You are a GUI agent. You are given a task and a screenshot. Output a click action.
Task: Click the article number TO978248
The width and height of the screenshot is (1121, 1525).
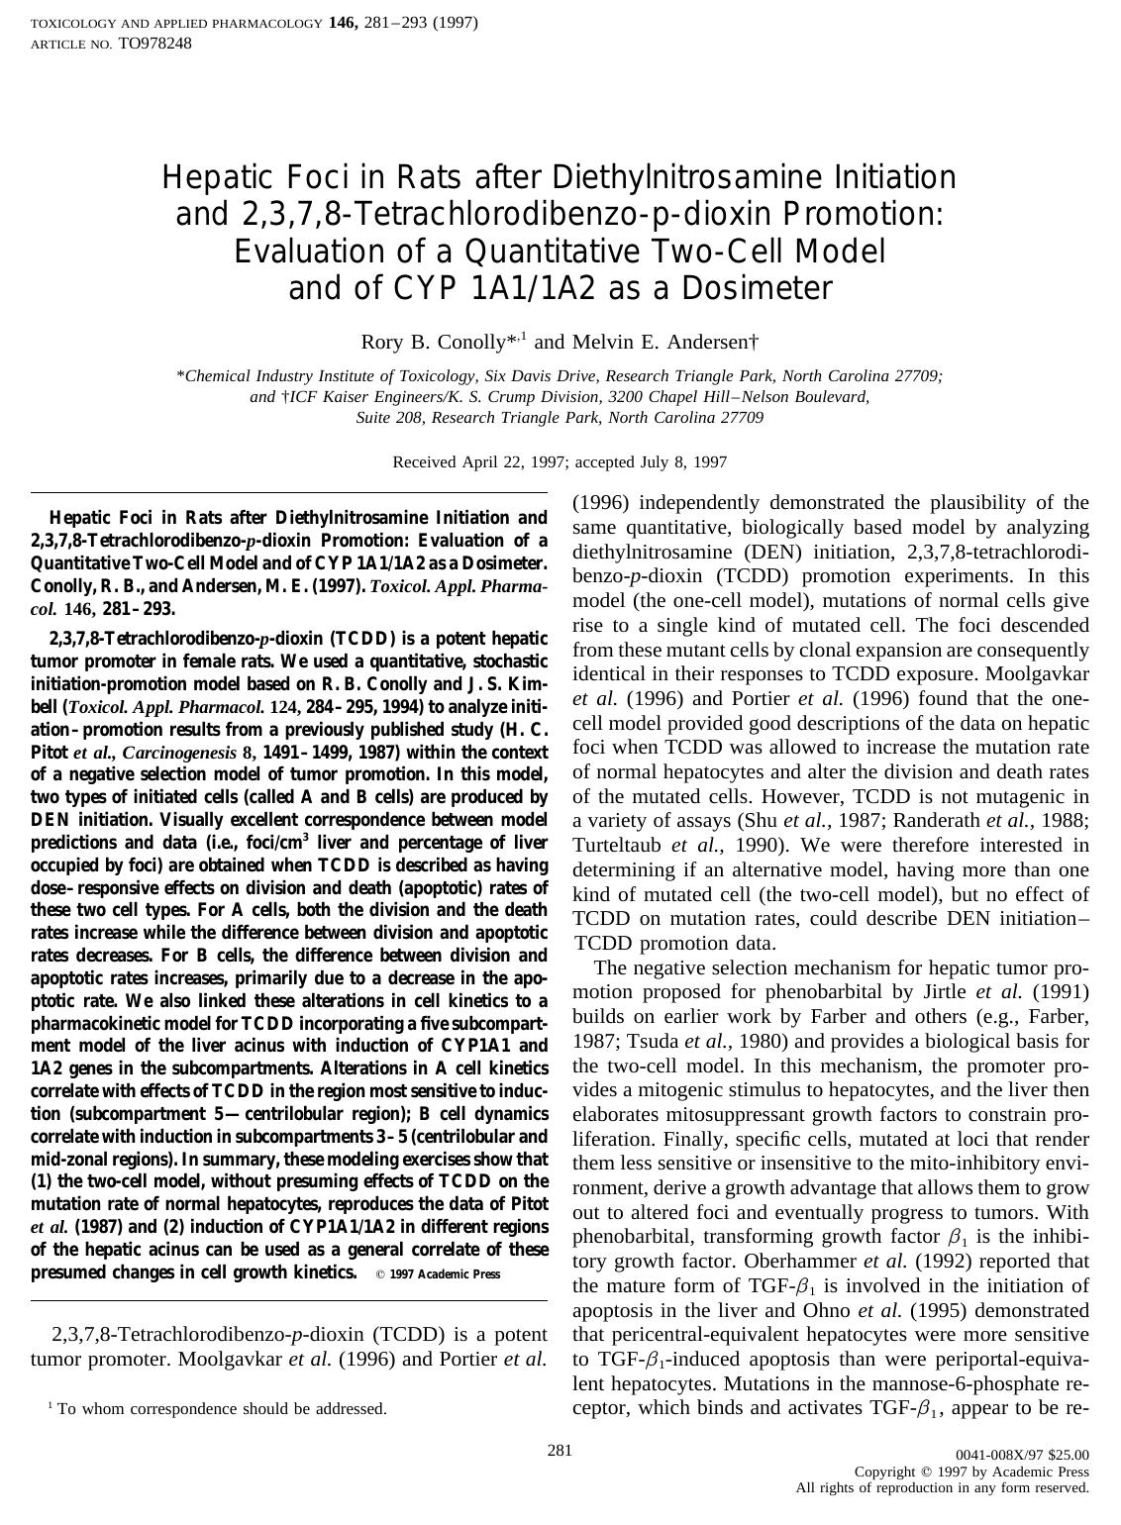click(154, 44)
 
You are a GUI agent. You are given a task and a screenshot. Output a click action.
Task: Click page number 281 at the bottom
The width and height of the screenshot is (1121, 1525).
click(560, 1451)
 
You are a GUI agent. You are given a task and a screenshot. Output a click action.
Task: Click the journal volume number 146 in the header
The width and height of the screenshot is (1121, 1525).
click(343, 22)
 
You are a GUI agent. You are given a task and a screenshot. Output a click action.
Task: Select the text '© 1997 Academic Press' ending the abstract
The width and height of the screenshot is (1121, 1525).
click(438, 1274)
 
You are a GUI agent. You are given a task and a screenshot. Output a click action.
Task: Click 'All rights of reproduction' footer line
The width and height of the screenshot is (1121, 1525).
click(942, 1488)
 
